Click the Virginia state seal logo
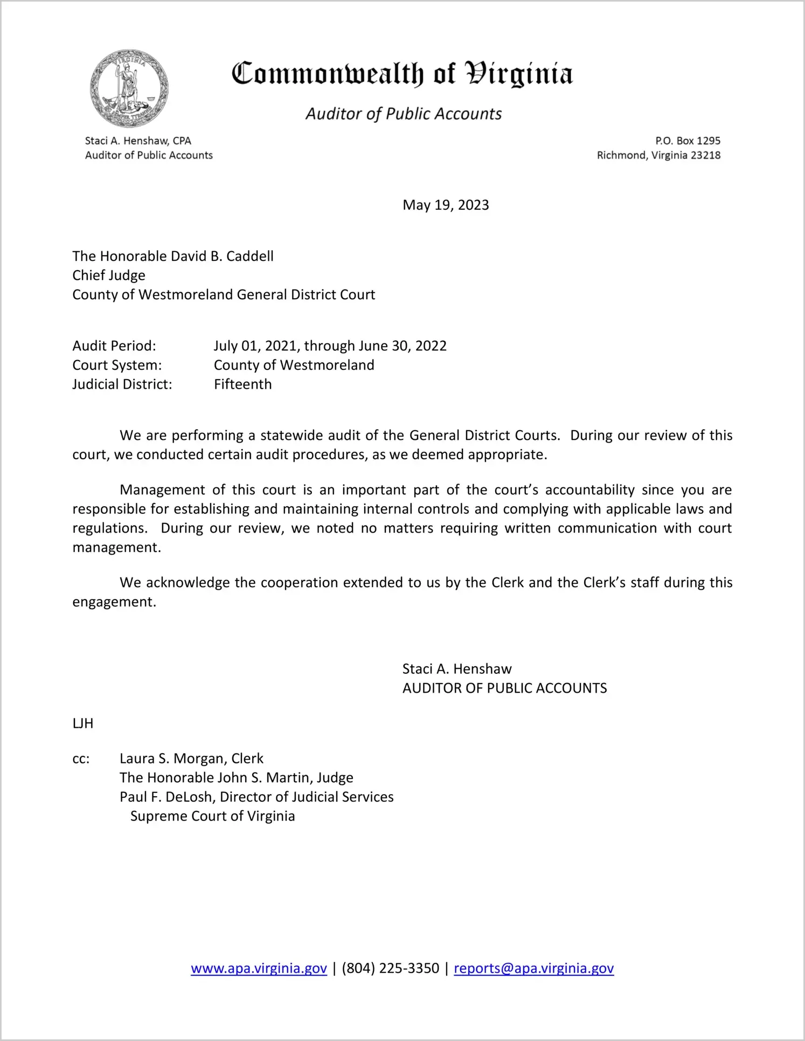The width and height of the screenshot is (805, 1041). point(129,88)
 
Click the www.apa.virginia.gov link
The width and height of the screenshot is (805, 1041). point(259,968)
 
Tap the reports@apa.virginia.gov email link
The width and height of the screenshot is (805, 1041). point(533,968)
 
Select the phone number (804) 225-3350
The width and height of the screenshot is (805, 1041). point(390,968)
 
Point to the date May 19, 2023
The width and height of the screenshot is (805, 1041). point(446,205)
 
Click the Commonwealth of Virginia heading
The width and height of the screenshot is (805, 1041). point(402,74)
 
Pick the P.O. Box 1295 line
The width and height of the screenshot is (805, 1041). point(688,141)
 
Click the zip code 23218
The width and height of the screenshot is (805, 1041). point(705,155)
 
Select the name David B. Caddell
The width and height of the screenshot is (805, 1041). point(222,256)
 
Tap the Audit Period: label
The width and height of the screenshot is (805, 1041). point(114,346)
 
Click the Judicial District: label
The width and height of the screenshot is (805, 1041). point(122,384)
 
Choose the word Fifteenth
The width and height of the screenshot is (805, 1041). point(242,384)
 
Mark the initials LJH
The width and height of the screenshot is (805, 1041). point(83,723)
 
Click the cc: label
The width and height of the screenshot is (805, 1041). point(81,759)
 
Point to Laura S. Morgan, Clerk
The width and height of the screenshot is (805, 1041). point(191,759)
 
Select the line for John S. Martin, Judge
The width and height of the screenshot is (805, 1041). point(237,777)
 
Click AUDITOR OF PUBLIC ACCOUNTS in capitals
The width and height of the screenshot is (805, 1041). point(504,688)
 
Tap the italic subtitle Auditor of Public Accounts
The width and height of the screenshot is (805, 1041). point(404,114)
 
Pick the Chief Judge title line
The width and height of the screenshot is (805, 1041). point(109,275)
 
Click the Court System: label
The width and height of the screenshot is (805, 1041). point(117,365)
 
